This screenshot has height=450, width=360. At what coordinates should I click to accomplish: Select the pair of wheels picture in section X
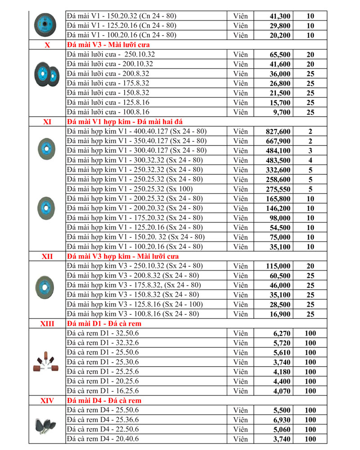47,73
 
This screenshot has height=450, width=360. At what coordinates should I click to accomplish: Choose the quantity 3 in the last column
310,151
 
